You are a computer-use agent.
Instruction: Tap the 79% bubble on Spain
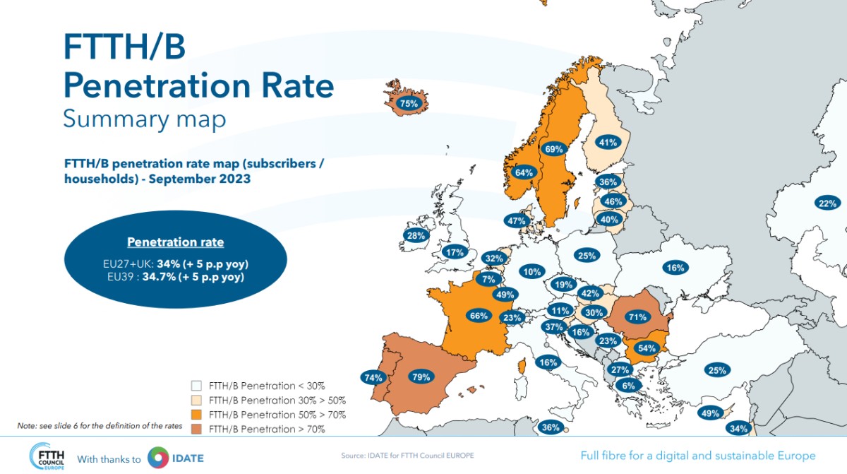click(x=421, y=377)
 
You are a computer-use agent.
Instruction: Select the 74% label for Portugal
click(x=372, y=377)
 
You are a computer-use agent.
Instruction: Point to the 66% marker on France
click(x=479, y=316)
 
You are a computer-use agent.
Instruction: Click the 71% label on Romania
click(x=637, y=317)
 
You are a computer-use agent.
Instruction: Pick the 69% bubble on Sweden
click(x=554, y=149)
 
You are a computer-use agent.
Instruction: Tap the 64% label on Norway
click(x=524, y=172)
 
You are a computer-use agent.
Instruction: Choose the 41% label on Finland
click(x=608, y=143)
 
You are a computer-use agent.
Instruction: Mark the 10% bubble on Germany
click(x=532, y=271)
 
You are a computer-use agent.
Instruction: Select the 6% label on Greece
click(x=627, y=386)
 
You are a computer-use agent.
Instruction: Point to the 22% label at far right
click(x=827, y=203)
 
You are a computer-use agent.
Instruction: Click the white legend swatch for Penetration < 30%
click(x=197, y=386)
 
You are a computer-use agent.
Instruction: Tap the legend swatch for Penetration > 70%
click(x=197, y=429)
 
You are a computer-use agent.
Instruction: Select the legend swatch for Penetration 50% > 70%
click(x=197, y=415)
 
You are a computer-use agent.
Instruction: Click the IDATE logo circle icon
click(x=159, y=457)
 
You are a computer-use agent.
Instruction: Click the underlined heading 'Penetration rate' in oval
click(x=176, y=242)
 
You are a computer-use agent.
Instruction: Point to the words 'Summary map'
click(x=144, y=119)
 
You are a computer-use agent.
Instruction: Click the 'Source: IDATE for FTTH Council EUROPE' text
click(x=408, y=456)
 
